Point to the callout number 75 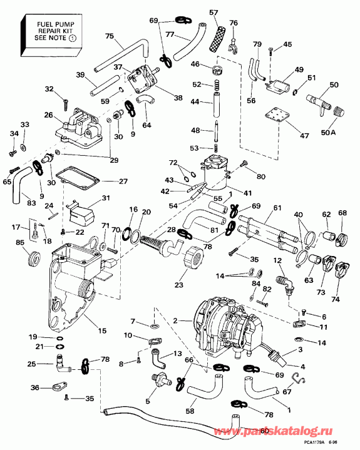110,36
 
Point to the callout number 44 195,101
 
